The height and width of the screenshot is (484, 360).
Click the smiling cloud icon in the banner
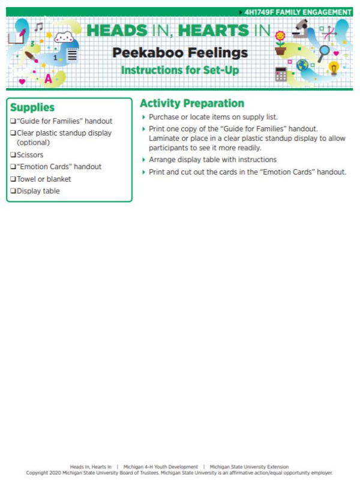click(64, 38)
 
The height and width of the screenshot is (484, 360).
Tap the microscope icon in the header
click(301, 29)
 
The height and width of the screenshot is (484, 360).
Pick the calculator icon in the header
click(281, 74)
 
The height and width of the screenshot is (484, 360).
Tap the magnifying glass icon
click(325, 52)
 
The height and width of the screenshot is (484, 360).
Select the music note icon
click(39, 27)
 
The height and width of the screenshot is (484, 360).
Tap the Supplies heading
click(32, 108)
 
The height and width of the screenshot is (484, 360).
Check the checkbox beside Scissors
click(13, 155)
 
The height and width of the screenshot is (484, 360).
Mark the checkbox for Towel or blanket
click(13, 179)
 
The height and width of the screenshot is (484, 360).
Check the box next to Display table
click(13, 191)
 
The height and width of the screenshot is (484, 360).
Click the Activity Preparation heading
click(192, 103)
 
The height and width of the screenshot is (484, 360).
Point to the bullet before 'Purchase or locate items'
click(143, 118)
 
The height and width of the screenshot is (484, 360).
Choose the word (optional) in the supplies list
click(33, 143)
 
